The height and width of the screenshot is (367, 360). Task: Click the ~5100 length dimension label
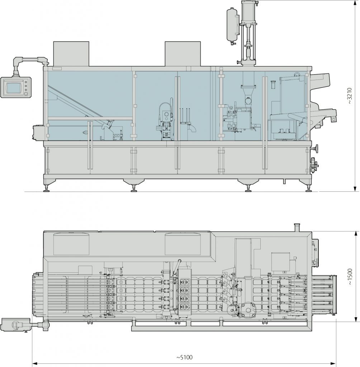tap(184, 357)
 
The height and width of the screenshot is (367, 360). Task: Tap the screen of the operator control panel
tap(14, 87)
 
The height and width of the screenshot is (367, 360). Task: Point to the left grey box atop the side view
tap(71, 54)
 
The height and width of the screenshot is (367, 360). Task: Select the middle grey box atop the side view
tap(183, 54)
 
